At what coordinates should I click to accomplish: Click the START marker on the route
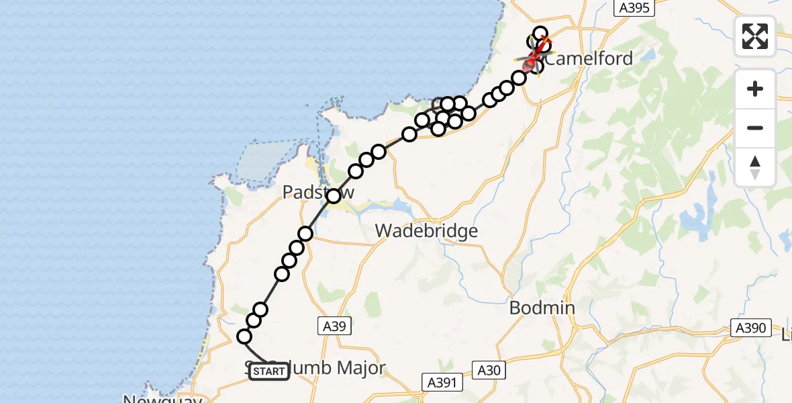(269, 371)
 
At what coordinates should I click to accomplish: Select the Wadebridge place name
(426, 231)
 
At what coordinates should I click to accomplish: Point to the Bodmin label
(542, 308)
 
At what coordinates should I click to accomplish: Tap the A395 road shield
(634, 8)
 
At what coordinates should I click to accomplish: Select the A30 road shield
(489, 369)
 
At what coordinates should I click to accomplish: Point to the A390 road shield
(749, 328)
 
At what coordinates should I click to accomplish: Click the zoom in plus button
(755, 89)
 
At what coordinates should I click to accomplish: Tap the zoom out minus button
(755, 128)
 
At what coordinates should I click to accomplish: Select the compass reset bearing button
(755, 167)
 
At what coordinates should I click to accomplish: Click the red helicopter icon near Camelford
(532, 64)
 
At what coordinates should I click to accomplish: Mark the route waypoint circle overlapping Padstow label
(334, 196)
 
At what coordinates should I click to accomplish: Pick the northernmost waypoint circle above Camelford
(540, 33)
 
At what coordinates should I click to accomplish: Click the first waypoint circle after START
(244, 337)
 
